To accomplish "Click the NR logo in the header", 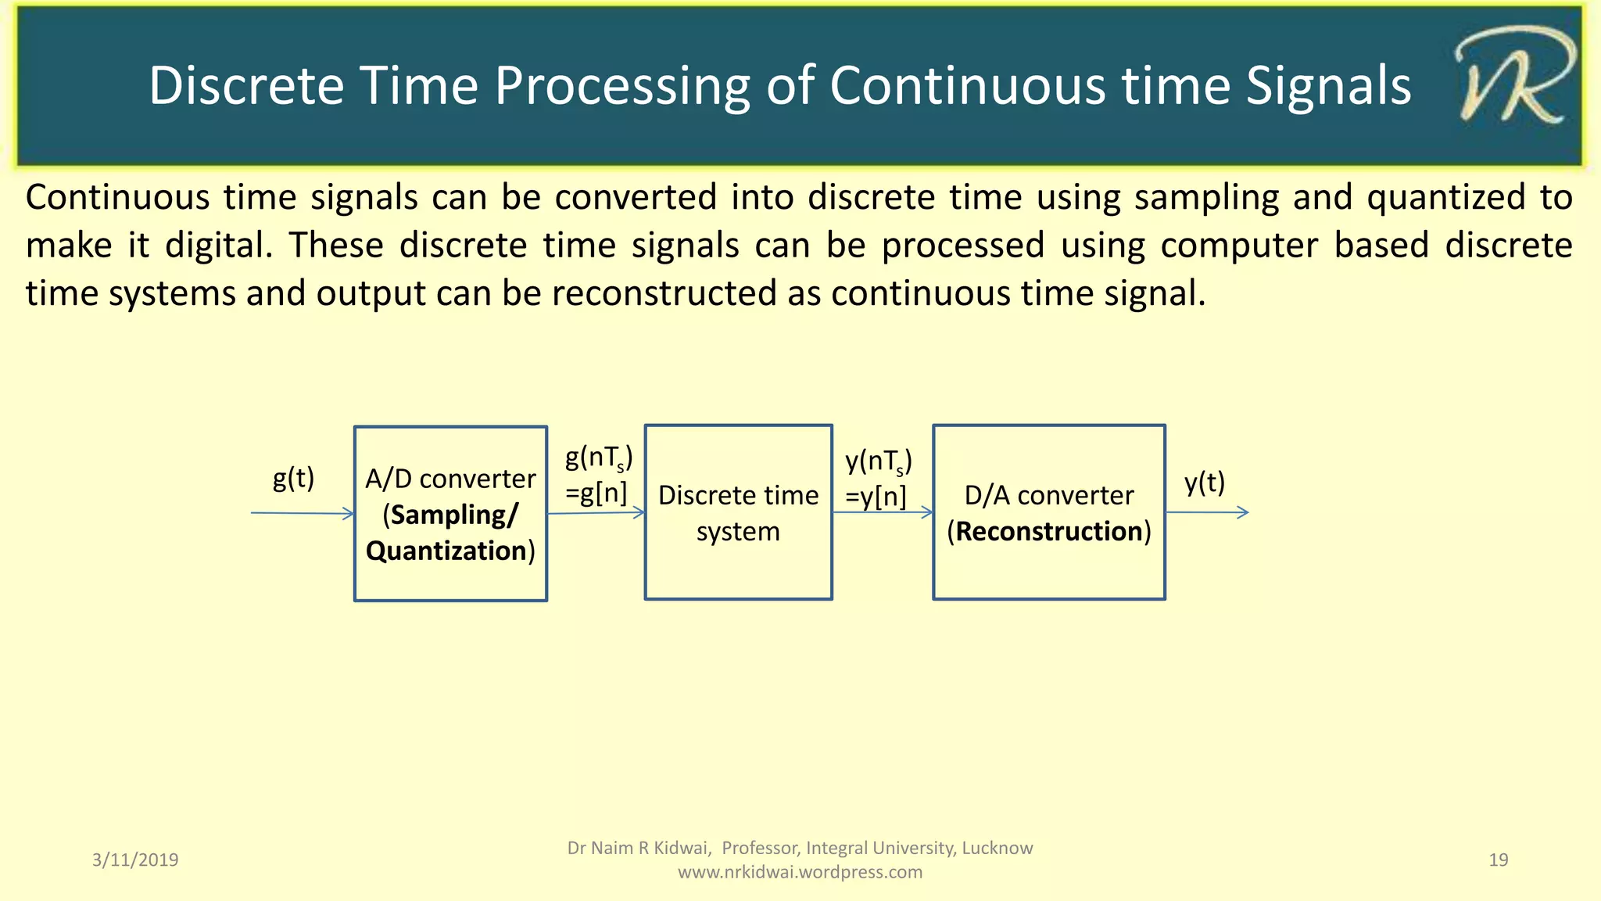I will tap(1513, 78).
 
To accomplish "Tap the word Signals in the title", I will tap(1328, 86).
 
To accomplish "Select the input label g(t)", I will tap(293, 478).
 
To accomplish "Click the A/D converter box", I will tap(450, 579).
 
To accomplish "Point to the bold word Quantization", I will tap(446, 551).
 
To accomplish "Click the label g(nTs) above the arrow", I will tap(599, 458).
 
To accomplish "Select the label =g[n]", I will tap(596, 493).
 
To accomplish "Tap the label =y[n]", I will tap(876, 497).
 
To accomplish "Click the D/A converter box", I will tap(1049, 571).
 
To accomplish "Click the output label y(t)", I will tap(1204, 483).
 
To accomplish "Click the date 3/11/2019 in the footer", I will tap(135, 860).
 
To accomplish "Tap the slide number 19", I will tap(1498, 860).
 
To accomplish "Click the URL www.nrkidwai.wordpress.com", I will tap(800, 872).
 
